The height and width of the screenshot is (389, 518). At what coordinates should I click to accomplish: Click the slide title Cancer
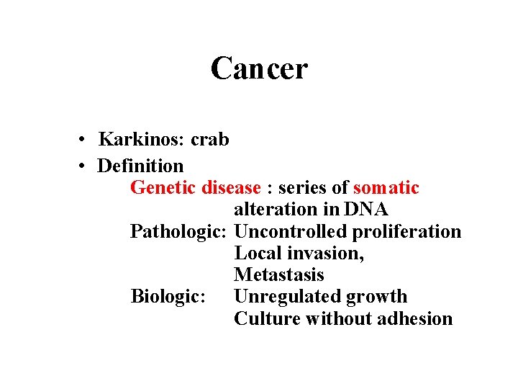point(259,69)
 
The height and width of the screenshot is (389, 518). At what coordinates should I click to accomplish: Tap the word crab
point(210,139)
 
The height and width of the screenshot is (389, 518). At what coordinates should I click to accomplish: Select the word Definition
point(140,166)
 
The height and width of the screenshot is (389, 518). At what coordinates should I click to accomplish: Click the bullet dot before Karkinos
point(84,140)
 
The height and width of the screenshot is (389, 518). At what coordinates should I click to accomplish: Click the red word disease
point(231,188)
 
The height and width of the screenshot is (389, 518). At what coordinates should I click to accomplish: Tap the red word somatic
point(386,188)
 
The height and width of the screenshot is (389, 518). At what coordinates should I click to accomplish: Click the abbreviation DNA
point(366,210)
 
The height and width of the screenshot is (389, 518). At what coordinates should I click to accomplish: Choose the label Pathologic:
point(179,232)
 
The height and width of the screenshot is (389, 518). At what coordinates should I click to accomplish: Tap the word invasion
point(327,254)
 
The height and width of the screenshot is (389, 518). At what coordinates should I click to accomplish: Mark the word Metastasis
point(279,275)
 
